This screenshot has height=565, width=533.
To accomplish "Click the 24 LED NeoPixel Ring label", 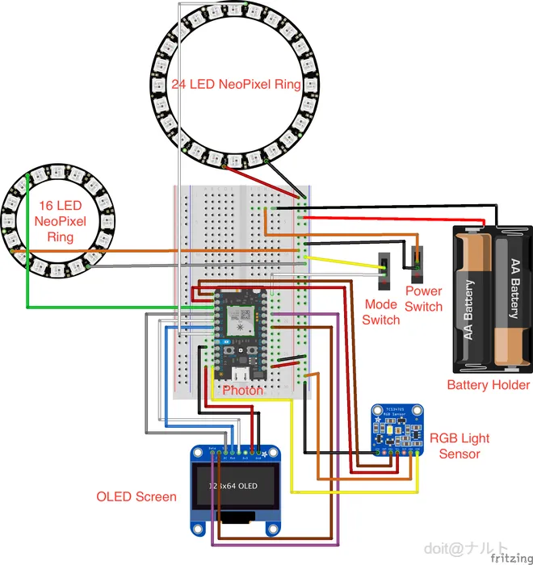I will click(x=236, y=85).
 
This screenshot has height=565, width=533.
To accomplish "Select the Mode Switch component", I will click(x=385, y=273).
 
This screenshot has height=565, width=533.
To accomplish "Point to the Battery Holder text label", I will click(x=489, y=385).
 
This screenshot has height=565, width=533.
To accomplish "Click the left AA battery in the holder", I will click(x=471, y=297).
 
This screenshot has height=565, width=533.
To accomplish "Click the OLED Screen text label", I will click(x=136, y=496).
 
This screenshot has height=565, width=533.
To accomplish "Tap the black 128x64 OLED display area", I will click(x=234, y=487).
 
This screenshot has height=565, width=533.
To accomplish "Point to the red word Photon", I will click(x=243, y=390).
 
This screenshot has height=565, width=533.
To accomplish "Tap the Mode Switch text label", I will click(x=381, y=312).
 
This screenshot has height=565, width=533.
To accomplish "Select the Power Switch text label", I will click(x=424, y=299).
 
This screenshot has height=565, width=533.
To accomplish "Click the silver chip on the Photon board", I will click(x=240, y=320).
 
